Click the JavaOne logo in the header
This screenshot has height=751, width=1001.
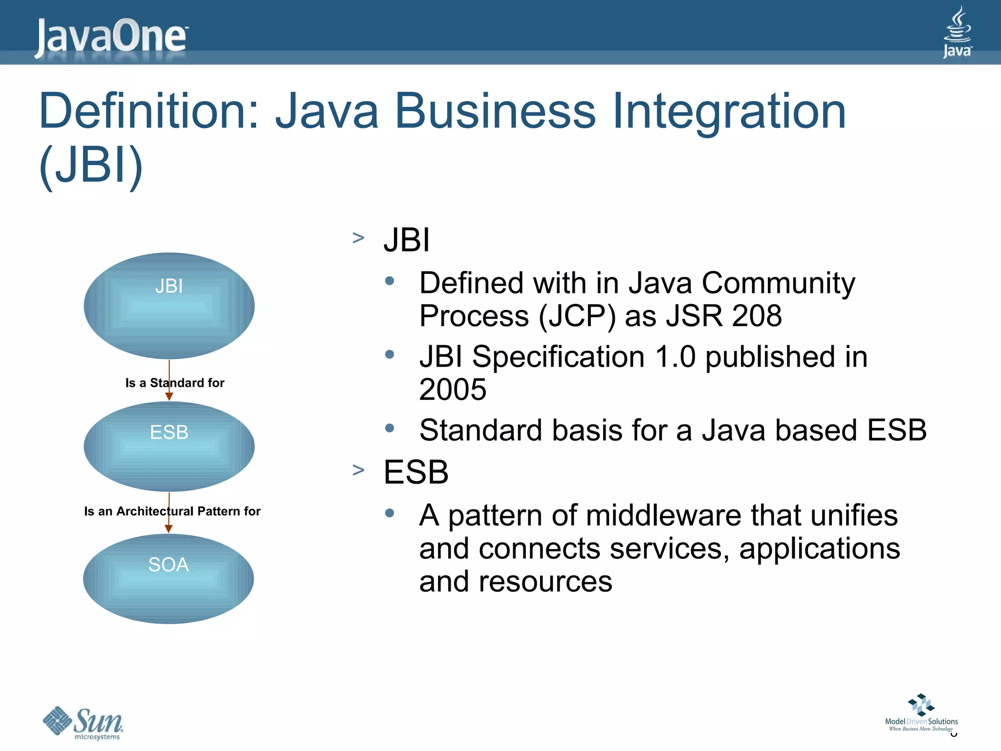pos(111,36)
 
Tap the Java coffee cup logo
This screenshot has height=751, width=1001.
pos(957,32)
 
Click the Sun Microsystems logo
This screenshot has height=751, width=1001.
pos(84,723)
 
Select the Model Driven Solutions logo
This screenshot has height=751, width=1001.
pos(921,712)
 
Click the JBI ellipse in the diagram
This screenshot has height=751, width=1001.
pos(169,306)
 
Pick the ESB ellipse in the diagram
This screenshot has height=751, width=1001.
pos(169,446)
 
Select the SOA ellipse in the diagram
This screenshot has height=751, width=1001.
pos(169,578)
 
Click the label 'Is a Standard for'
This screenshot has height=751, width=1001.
pos(174,383)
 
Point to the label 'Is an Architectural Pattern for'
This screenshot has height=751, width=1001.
pos(172,511)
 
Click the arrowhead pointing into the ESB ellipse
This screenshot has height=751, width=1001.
pos(169,397)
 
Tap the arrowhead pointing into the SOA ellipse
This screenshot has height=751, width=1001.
pos(169,529)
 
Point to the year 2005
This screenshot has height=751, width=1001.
pos(453,390)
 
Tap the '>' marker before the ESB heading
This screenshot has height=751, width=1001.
pos(358,470)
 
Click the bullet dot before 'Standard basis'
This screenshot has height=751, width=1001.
pos(390,428)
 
